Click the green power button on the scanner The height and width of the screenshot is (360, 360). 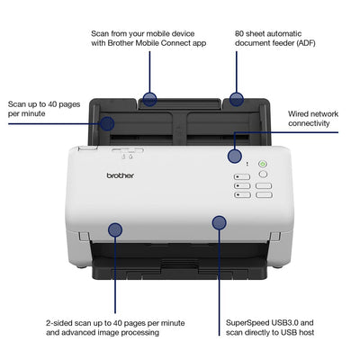tap(263, 165)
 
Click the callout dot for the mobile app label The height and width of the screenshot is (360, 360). tap(149, 98)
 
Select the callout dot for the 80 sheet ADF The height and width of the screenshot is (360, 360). tap(237, 98)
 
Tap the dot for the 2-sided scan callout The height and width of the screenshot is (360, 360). tap(115, 230)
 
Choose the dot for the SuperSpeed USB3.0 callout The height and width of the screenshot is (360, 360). tap(219, 222)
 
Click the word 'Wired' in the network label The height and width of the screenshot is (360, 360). tap(300, 114)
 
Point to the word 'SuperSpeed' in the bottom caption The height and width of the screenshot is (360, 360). tap(247, 322)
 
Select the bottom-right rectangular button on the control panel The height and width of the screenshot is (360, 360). tap(263, 194)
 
